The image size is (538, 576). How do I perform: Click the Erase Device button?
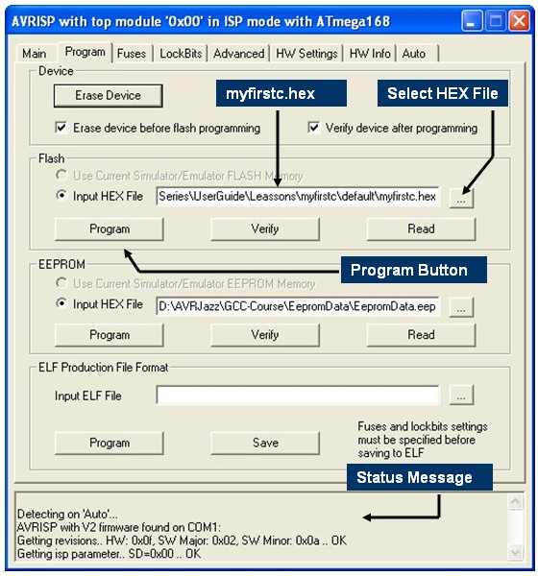click(109, 95)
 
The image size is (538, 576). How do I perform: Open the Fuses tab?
click(132, 54)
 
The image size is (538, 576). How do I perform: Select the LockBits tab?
click(181, 54)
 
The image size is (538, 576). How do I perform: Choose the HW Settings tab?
click(306, 54)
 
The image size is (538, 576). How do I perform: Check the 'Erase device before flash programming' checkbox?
click(61, 128)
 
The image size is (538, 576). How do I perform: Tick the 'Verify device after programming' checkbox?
click(314, 128)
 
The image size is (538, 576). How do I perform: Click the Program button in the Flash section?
click(110, 228)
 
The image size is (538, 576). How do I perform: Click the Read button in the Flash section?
click(421, 228)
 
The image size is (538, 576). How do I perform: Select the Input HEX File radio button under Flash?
click(61, 195)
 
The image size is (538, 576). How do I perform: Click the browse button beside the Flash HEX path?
click(461, 199)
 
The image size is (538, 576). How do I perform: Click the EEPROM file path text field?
click(298, 306)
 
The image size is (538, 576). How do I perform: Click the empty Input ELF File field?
click(298, 395)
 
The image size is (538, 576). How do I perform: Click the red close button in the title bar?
click(519, 20)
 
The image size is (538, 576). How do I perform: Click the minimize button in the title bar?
click(472, 20)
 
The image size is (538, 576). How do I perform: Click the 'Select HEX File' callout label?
click(443, 93)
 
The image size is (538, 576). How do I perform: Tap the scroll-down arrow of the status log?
click(515, 552)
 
